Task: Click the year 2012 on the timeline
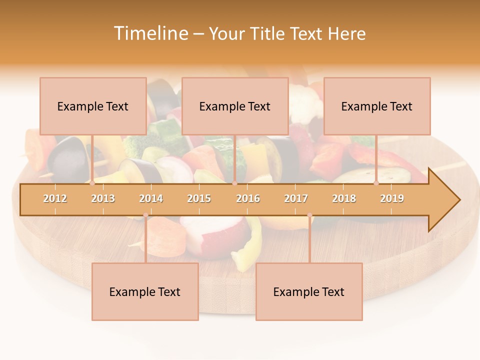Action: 55,198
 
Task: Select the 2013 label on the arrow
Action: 103,198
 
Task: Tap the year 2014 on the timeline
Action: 151,198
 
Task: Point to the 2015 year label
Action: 199,198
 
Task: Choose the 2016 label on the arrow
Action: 248,198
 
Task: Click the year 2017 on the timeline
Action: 296,198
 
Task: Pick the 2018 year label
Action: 344,198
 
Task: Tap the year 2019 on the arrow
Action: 392,198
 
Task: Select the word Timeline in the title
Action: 150,33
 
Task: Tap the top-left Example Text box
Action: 93,106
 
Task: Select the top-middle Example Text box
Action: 235,106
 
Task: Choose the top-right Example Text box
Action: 377,106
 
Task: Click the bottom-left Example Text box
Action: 145,292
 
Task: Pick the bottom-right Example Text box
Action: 309,292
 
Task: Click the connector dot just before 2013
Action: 92,183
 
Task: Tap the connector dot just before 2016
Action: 234,183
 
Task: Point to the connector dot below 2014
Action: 145,215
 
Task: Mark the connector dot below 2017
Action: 309,215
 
